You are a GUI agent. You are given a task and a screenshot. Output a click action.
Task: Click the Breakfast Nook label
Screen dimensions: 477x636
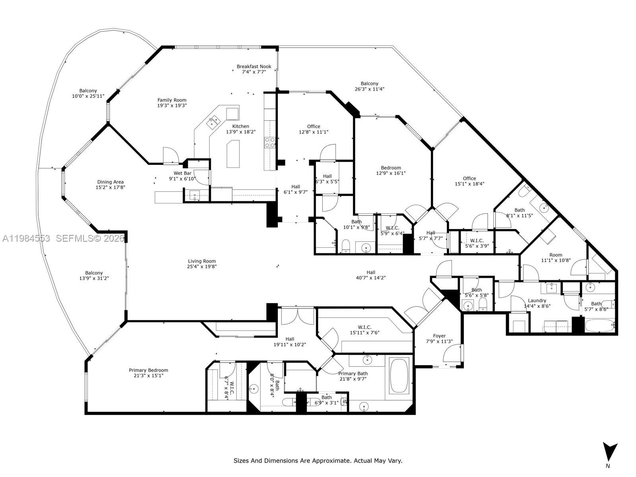[x=254, y=67]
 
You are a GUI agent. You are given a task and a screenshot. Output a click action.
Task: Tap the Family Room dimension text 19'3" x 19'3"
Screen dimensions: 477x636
[x=172, y=106]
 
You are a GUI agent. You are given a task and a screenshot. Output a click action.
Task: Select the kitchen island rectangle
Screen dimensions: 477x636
[x=233, y=154]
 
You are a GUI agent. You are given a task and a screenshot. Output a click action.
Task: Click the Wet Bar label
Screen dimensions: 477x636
[x=182, y=173]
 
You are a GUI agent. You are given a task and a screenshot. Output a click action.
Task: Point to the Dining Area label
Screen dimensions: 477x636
[x=110, y=182]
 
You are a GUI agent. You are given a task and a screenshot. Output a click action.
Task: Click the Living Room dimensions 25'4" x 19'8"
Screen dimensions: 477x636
[x=202, y=267]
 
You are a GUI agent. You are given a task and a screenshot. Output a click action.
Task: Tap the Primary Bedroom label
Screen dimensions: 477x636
[x=148, y=370]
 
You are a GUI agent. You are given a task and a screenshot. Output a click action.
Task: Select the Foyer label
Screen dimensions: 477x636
[x=439, y=336]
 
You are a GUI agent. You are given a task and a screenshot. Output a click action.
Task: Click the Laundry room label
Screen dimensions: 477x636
[x=537, y=301]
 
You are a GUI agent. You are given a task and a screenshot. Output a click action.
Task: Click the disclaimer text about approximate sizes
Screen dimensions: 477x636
[x=318, y=461]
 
